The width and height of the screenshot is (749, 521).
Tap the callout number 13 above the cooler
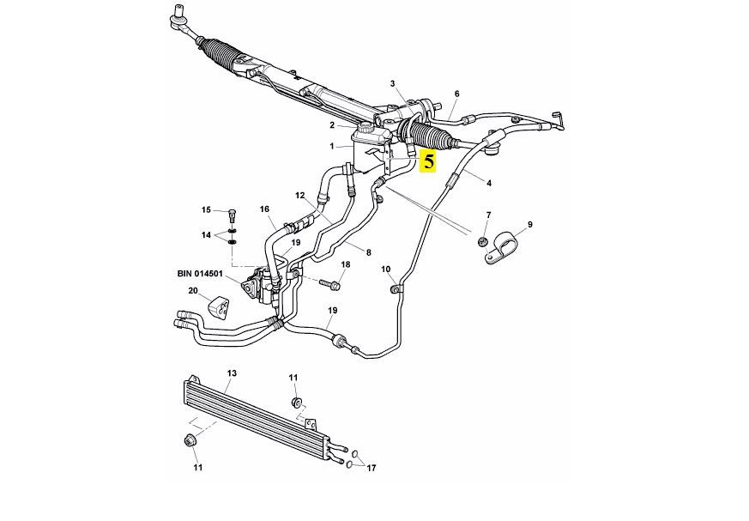pos(231,373)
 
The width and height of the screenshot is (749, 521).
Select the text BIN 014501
pos(202,274)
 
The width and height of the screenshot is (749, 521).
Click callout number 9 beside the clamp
pos(529,225)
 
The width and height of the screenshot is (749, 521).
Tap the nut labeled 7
pos(484,241)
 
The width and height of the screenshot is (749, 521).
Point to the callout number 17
pos(371,469)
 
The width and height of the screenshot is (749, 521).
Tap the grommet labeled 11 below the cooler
pos(191,441)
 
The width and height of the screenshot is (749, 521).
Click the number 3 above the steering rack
pos(392,83)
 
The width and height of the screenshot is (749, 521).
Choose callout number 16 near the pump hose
pos(264,209)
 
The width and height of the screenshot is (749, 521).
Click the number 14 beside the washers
pos(206,235)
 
